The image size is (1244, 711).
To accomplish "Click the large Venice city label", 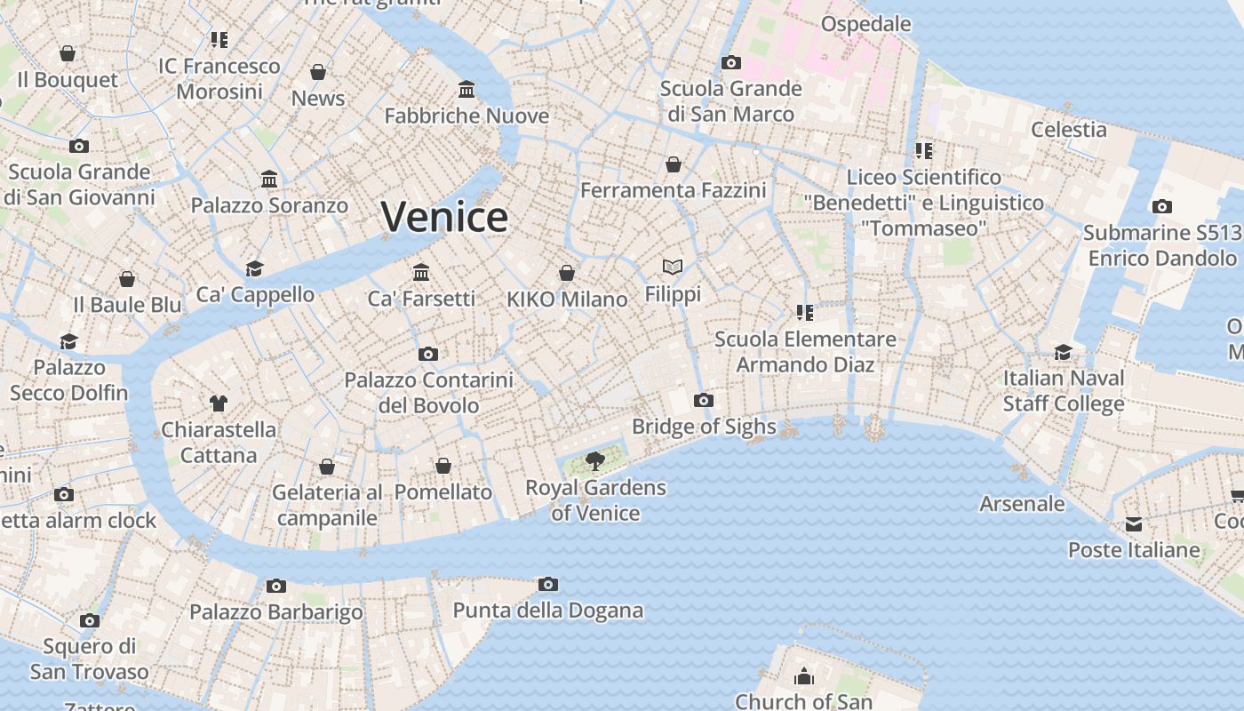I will coord(444,217).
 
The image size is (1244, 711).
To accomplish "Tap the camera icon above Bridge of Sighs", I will coord(704,400).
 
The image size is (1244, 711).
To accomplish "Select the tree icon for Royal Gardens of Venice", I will coord(595,460).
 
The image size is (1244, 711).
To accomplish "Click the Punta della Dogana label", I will coord(548,611).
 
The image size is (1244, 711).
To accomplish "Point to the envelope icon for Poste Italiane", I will coord(1134,524).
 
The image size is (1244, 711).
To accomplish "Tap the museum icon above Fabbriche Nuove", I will coord(466,89).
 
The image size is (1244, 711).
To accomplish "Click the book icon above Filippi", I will coord(673,267).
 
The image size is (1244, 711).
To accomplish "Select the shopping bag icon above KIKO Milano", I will coord(567,273).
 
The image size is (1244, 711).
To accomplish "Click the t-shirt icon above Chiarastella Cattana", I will coord(219,403).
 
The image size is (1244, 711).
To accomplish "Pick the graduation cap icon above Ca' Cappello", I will coord(255,268).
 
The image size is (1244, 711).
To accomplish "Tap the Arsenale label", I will coord(1022,504).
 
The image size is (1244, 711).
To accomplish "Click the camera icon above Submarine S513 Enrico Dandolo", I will coord(1161,206).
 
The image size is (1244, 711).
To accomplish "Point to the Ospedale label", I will coord(866,24).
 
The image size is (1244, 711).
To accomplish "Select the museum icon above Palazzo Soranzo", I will coord(269,180).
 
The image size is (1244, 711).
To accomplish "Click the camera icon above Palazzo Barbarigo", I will coord(276,586).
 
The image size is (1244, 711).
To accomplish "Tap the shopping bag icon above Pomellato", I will coord(443,466).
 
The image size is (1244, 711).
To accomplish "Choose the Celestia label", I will coord(1069,130).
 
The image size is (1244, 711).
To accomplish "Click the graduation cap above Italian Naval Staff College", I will coord(1063,352).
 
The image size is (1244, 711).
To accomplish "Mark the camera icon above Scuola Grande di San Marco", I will coord(731,62).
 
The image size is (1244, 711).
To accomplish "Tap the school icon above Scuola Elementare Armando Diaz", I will coord(805,312).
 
